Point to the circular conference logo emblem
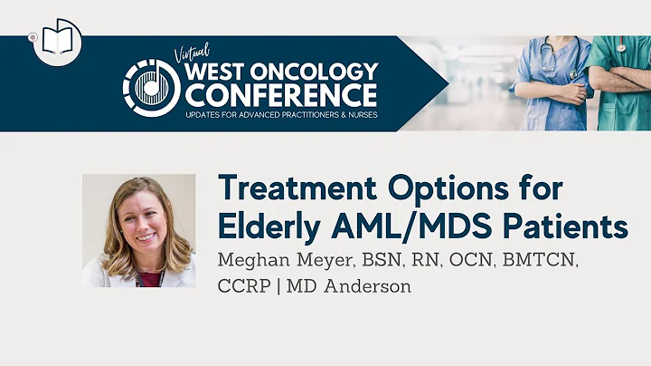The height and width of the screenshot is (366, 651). point(151,88)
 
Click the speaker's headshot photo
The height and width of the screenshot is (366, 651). point(138,230)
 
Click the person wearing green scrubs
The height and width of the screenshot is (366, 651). point(619,82)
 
